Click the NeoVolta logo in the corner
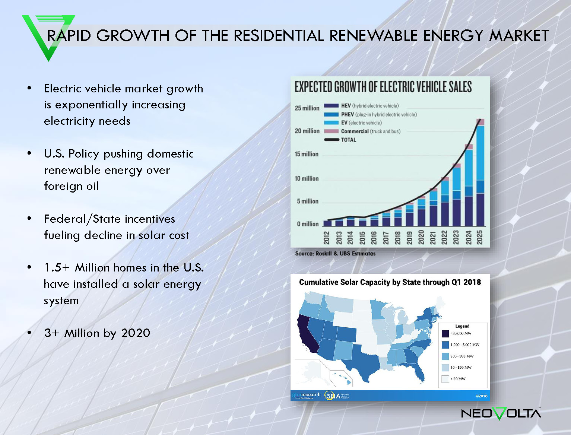point(501,413)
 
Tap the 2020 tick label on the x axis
point(421,237)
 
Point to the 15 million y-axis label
point(307,154)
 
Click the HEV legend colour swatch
point(331,106)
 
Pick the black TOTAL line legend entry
point(340,140)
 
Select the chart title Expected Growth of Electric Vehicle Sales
point(383,87)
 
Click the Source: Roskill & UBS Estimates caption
point(335,254)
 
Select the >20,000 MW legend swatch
point(445,334)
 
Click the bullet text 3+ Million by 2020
point(97,333)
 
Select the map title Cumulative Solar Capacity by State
point(390,282)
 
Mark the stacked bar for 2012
point(327,223)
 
